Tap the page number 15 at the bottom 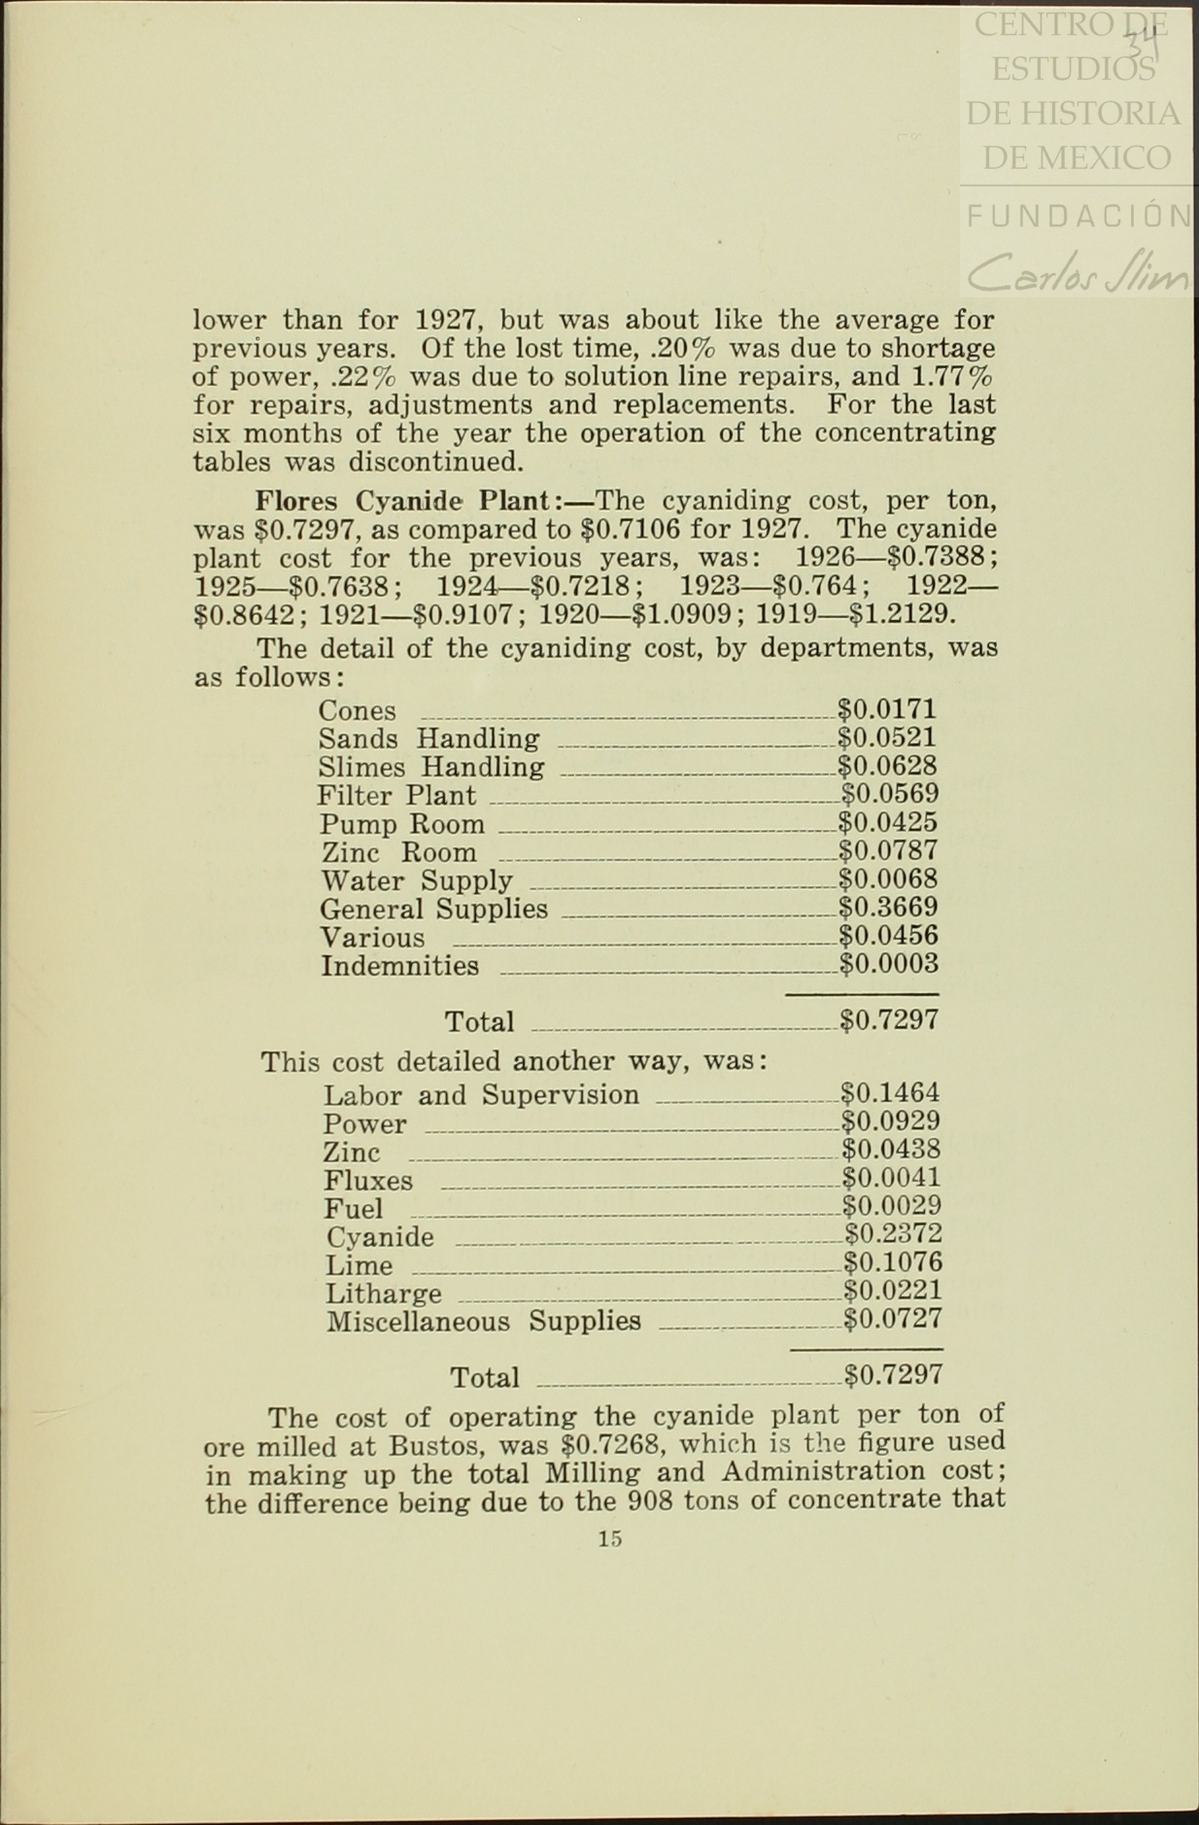(x=609, y=1538)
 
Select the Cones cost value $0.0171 (x=887, y=709)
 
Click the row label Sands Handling (x=428, y=740)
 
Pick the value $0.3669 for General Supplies (x=888, y=908)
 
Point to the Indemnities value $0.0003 (x=888, y=964)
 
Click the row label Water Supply (x=416, y=881)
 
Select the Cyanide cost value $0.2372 (x=892, y=1234)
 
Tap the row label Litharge (x=383, y=1293)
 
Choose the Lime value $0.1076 (x=892, y=1262)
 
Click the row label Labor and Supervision (x=481, y=1095)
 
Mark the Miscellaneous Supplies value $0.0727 (x=892, y=1319)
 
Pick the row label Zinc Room (x=398, y=853)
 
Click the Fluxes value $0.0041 (x=890, y=1178)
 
